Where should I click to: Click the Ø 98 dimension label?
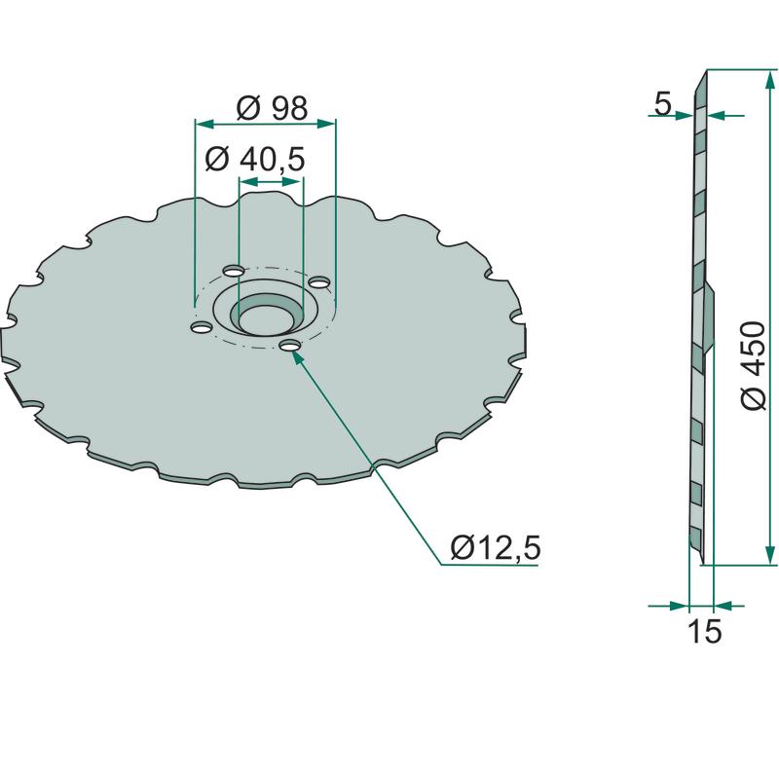pyautogui.click(x=272, y=108)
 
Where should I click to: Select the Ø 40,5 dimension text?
pyautogui.click(x=255, y=160)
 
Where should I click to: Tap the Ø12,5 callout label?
pyautogui.click(x=496, y=548)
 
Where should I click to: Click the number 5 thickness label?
pyautogui.click(x=663, y=104)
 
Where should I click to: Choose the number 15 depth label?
pyautogui.click(x=704, y=631)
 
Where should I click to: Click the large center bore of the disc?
pyautogui.click(x=267, y=318)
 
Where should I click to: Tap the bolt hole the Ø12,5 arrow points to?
pyautogui.click(x=289, y=346)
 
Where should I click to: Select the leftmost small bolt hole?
pyautogui.click(x=202, y=327)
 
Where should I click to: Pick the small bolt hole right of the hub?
pyautogui.click(x=319, y=282)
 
